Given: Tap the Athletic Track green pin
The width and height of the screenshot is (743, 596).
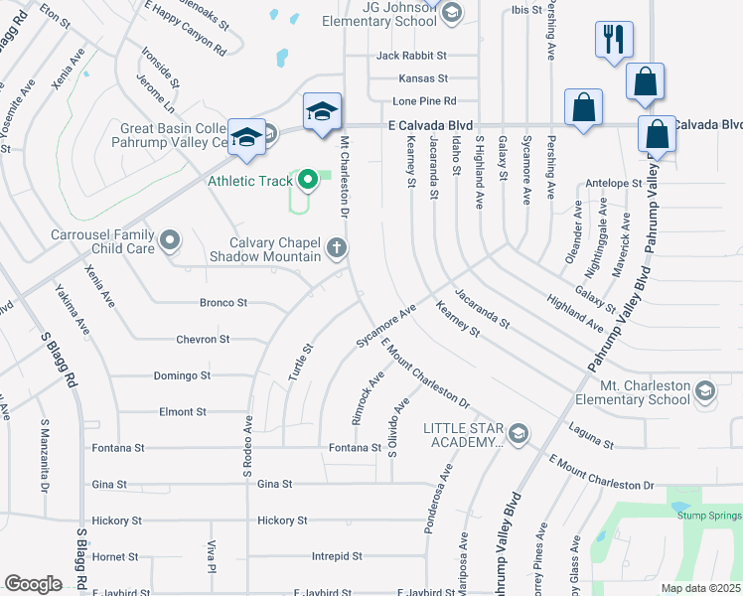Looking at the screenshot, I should (x=308, y=180).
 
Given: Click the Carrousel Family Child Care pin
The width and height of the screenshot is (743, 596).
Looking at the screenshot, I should (x=170, y=239).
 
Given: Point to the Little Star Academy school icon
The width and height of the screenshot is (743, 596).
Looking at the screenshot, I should (x=517, y=434).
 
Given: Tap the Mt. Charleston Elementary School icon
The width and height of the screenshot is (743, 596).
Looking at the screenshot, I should (x=704, y=389).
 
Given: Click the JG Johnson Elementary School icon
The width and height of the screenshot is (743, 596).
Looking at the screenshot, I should (x=451, y=12).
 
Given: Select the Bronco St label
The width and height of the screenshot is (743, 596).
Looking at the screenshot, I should (x=223, y=302).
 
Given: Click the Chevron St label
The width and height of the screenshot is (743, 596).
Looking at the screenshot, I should (x=203, y=340).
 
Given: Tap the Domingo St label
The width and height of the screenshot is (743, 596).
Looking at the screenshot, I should (x=182, y=375).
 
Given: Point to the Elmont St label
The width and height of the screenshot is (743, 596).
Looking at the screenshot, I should (x=182, y=411).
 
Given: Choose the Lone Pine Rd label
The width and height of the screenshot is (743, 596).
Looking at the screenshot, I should (x=424, y=101).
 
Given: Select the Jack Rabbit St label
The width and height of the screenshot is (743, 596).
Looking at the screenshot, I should (x=411, y=56).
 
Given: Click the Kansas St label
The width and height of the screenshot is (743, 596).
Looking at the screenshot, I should (x=423, y=77).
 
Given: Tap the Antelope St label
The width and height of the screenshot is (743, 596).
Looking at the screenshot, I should (x=614, y=183).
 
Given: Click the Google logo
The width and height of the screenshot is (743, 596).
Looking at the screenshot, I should (x=33, y=583).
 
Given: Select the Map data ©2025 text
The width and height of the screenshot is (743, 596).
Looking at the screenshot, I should (x=700, y=588).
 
